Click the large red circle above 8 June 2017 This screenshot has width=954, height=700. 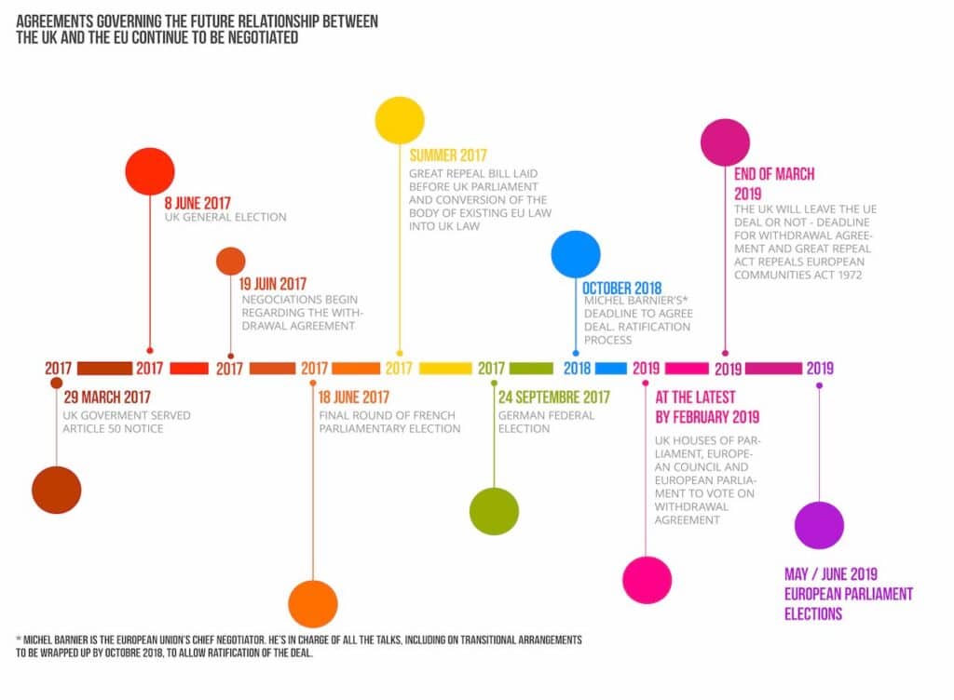150,171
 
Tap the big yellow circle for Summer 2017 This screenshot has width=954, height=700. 400,120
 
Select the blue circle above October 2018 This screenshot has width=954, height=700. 576,254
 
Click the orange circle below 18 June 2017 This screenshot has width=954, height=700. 313,603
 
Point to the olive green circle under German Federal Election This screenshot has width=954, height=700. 494,511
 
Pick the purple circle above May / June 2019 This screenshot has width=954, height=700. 819,525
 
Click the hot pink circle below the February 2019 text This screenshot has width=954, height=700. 647,580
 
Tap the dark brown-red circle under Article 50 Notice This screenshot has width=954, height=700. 57,490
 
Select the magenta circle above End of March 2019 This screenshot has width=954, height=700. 725,142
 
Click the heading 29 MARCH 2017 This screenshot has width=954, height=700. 107,397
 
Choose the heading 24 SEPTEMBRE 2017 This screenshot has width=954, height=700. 553,397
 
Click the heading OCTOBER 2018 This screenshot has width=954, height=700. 622,289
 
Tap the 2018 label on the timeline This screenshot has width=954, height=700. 578,369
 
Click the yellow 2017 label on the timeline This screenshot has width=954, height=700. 399,369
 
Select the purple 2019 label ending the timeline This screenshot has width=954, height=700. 820,369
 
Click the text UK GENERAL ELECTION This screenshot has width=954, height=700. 225,217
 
